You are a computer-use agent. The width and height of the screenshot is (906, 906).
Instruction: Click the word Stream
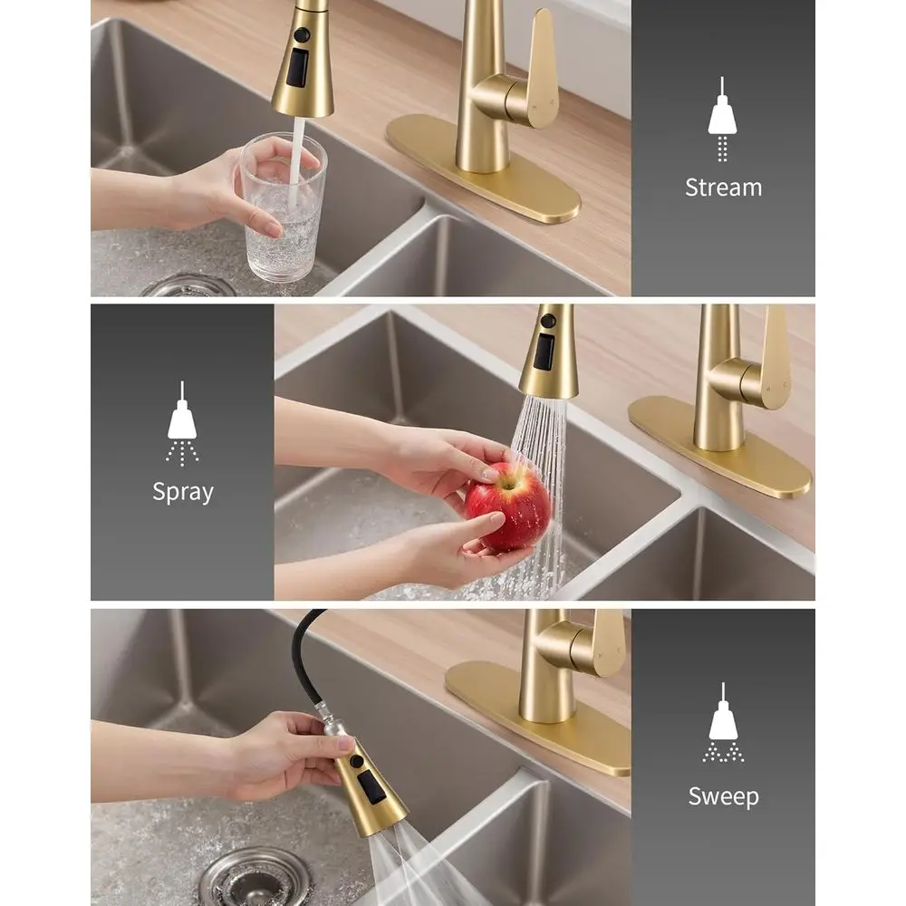[x=723, y=188]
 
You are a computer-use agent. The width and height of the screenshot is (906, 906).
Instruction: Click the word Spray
[x=183, y=492]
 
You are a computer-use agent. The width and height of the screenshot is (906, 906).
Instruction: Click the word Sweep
[x=722, y=796]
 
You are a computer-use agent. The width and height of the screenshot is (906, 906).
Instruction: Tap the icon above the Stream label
[x=722, y=120]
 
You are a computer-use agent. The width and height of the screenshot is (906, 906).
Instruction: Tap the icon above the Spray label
[x=182, y=423]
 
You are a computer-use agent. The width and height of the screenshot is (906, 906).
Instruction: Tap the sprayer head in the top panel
[x=303, y=63]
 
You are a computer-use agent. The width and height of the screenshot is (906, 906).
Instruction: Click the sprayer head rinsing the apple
[x=549, y=353]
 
